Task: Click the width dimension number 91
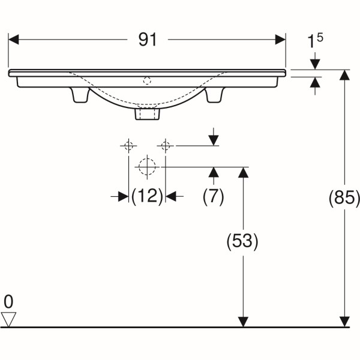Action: pyautogui.click(x=148, y=40)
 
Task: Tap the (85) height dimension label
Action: pyautogui.click(x=344, y=198)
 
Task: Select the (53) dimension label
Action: pyautogui.click(x=242, y=242)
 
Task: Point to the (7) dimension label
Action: pyautogui.click(x=213, y=196)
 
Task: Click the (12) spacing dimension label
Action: pyautogui.click(x=147, y=196)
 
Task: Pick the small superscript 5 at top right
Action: pyautogui.click(x=320, y=37)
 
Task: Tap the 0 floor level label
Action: pyautogui.click(x=8, y=302)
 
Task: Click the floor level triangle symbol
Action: pyautogui.click(x=8, y=319)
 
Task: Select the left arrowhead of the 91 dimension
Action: pyautogui.click(x=13, y=40)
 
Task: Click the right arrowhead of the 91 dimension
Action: pyautogui.click(x=280, y=40)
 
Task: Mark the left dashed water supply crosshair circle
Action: pyautogui.click(x=128, y=146)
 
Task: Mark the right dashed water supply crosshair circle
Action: pyautogui.click(x=166, y=146)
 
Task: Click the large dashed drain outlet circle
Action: pyautogui.click(x=147, y=167)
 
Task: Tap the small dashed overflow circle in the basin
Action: pyautogui.click(x=147, y=81)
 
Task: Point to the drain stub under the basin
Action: pyautogui.click(x=147, y=114)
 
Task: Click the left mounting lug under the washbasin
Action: pyautogui.click(x=80, y=95)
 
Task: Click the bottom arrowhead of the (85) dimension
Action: pyautogui.click(x=344, y=322)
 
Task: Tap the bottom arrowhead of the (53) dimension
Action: pyautogui.click(x=243, y=322)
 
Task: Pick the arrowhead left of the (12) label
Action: pyautogui.click(x=123, y=196)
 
